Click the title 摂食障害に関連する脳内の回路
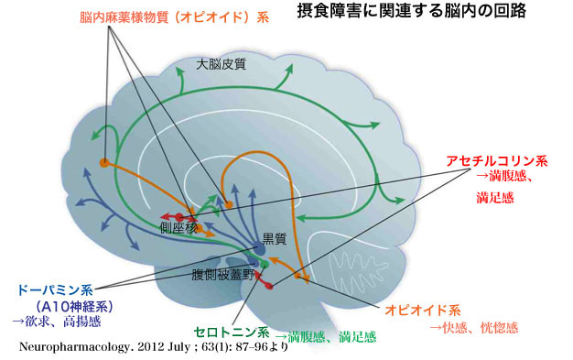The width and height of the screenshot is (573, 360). tap(412, 11)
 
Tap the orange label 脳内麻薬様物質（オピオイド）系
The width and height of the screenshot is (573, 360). tap(174, 17)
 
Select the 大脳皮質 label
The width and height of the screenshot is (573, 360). tap(222, 64)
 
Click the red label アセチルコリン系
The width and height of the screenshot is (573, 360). tap(497, 161)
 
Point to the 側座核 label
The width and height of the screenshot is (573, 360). tap(178, 228)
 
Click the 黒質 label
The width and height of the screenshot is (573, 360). tap(275, 239)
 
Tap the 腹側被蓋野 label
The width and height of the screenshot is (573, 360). tap(223, 275)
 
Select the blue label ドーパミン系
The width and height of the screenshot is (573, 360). tap(55, 290)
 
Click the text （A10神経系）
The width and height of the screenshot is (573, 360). tap(74, 306)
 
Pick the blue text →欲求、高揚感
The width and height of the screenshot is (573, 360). tap(57, 322)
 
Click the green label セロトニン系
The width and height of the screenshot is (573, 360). tap(232, 333)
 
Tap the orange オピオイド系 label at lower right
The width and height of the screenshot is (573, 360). tap(423, 311)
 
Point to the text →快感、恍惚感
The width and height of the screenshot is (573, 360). tap(474, 327)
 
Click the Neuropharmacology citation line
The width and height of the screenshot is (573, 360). tap(154, 346)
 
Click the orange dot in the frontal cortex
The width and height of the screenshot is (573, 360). tap(104, 162)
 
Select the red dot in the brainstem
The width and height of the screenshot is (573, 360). tap(269, 286)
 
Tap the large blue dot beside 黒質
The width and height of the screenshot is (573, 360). tap(260, 249)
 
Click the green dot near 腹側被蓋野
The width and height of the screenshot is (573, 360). tap(265, 264)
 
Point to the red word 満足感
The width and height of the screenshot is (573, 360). tap(495, 198)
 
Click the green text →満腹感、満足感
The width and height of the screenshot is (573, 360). tap(326, 336)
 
